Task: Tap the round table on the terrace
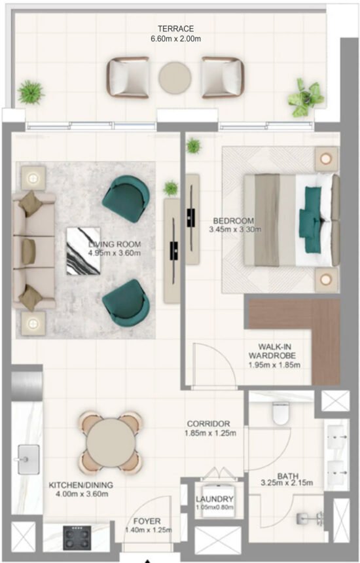pyautogui.click(x=174, y=76)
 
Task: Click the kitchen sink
pyautogui.click(x=28, y=459)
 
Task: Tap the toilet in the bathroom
pyautogui.click(x=281, y=413)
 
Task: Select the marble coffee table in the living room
pyautogui.click(x=83, y=251)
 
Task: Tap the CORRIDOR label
pyautogui.click(x=207, y=424)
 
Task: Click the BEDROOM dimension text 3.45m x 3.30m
pyautogui.click(x=235, y=230)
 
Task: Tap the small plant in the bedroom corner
pyautogui.click(x=193, y=145)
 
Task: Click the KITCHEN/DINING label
pyautogui.click(x=78, y=485)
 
